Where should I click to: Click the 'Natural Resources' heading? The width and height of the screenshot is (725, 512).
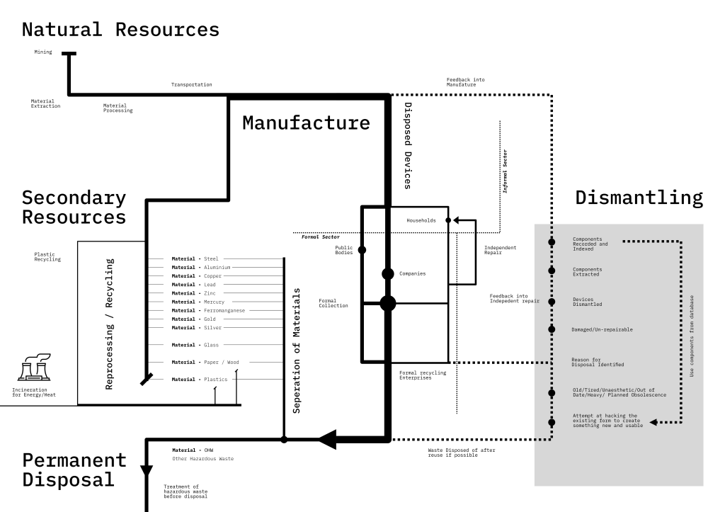pos(120,30)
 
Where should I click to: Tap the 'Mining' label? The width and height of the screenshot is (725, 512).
pos(42,52)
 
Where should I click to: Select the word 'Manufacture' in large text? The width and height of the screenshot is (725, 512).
pos(306,123)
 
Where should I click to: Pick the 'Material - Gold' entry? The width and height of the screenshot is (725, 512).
pos(195,319)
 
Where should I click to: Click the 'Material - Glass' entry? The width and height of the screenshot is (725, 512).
pos(196,345)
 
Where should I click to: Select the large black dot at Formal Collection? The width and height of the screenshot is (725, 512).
pos(387,303)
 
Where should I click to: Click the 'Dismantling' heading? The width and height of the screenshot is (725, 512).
pos(639,198)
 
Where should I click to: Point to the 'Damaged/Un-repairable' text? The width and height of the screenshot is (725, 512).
pos(602,329)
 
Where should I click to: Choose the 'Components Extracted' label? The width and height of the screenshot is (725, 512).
pos(588,271)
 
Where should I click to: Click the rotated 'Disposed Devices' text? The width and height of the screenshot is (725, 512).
pos(408,146)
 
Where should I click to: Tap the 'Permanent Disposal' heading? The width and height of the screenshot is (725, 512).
pos(74,470)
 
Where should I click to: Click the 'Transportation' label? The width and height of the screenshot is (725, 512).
pos(191,85)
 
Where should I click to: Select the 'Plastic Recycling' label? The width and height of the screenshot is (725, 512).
pos(47,257)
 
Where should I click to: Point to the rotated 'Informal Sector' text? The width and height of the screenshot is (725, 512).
pos(505,171)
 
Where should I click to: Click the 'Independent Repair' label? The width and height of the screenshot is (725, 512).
pos(500,250)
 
